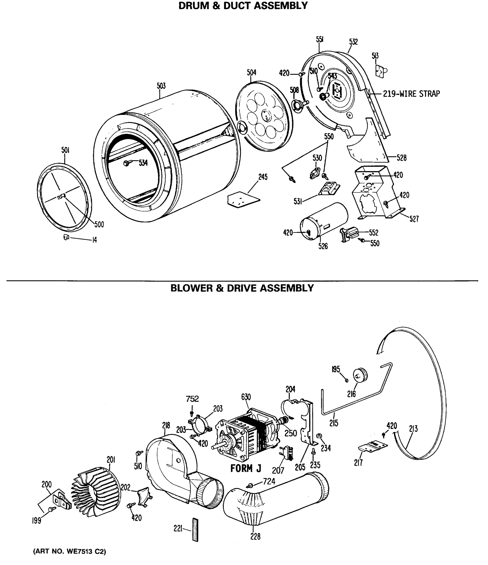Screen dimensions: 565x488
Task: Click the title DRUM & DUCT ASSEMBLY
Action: click(243, 6)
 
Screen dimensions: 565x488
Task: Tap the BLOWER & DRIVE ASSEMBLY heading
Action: click(242, 288)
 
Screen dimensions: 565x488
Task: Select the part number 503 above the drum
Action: click(161, 86)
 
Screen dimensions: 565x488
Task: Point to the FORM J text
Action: click(245, 468)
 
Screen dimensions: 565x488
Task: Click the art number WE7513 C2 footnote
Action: click(69, 551)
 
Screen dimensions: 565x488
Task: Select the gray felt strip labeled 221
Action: click(195, 529)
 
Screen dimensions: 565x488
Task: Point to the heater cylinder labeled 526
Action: click(324, 221)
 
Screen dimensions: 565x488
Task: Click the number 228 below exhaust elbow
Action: click(255, 537)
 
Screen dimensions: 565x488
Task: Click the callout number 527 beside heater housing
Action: click(414, 219)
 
